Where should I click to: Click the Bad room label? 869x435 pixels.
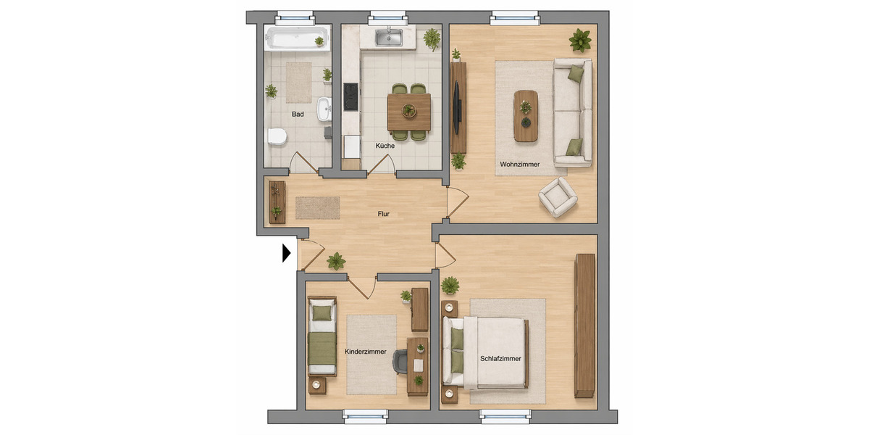(298, 115)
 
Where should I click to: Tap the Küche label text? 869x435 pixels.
(385, 146)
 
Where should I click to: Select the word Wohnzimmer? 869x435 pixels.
(520, 165)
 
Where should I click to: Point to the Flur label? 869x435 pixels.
(385, 214)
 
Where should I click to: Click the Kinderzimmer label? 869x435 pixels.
(366, 352)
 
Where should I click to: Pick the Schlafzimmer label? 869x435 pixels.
(500, 358)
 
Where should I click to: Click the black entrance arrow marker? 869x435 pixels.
(286, 252)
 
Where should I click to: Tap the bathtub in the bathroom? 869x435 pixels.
(296, 38)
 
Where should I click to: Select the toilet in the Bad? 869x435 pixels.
(277, 136)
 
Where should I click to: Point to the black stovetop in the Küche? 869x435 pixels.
(350, 97)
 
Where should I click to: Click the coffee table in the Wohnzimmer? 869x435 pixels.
(526, 115)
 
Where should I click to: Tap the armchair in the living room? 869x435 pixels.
(558, 196)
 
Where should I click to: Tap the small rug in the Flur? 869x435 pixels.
(317, 207)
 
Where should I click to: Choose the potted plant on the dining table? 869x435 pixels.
(409, 111)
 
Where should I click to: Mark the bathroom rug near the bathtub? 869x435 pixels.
(298, 82)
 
